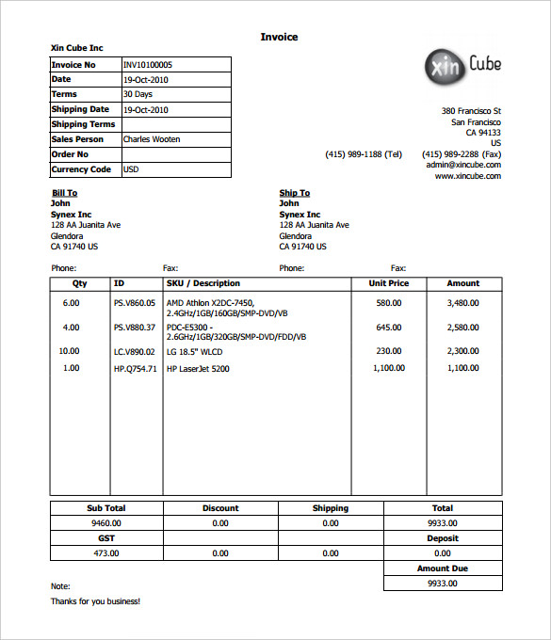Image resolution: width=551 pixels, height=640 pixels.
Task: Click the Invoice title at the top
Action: point(279,37)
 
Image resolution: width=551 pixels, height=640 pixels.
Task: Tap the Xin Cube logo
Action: point(462,66)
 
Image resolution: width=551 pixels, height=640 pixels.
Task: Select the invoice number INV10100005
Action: point(154,65)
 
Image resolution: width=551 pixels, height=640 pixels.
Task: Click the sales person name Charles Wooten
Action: point(152,139)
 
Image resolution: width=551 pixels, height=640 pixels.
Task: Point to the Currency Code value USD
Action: point(131,169)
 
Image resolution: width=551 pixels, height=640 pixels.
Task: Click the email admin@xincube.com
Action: point(462,164)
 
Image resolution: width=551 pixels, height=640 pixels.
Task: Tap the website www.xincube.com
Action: point(467,176)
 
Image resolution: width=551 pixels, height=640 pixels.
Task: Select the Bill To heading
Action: point(64,193)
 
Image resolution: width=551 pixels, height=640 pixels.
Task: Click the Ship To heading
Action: point(294,193)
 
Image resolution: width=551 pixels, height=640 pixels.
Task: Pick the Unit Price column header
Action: point(388,283)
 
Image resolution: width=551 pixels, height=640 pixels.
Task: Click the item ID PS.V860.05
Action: point(134,303)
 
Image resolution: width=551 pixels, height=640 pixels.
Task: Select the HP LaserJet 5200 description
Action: point(198,369)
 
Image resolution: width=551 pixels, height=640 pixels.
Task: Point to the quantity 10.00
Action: point(70,351)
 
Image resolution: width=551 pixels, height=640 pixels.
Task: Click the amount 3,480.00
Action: point(462,303)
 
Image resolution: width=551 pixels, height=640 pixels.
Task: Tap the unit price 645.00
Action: point(389,328)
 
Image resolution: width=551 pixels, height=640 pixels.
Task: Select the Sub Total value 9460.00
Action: point(105,522)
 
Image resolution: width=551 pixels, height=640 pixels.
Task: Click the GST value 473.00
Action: point(105,553)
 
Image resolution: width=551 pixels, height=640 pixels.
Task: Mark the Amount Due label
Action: point(443,568)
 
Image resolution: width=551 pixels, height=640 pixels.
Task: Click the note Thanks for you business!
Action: point(95,601)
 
